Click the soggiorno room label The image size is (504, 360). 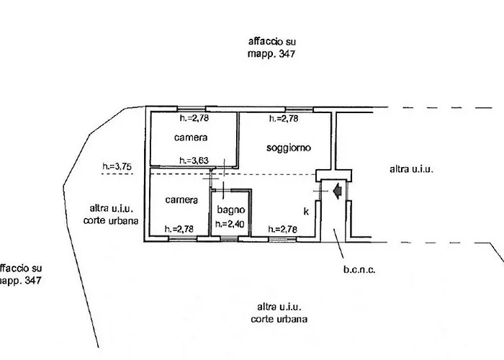point(288,148)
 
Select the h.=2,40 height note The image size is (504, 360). point(230,224)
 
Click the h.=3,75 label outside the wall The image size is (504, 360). point(117,167)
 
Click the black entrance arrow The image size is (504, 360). point(337,191)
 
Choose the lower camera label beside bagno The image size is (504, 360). point(176,199)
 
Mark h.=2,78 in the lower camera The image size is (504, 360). point(179,229)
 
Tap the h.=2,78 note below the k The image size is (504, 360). point(282,229)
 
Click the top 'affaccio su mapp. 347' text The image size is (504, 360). point(271,48)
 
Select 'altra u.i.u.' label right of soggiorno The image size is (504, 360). point(411,169)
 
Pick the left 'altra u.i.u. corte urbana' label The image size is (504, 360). point(111,214)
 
